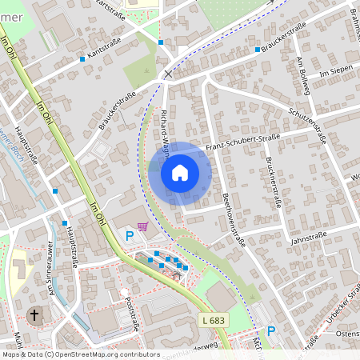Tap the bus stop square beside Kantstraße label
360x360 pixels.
(82, 59)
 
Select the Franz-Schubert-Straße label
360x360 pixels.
(242, 142)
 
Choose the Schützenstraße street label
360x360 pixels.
(307, 122)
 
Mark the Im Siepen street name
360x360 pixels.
(335, 74)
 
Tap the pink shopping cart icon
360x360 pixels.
(142, 226)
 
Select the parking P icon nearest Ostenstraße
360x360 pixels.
(270, 330)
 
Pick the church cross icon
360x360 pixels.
(34, 314)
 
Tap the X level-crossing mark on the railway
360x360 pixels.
(168, 74)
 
